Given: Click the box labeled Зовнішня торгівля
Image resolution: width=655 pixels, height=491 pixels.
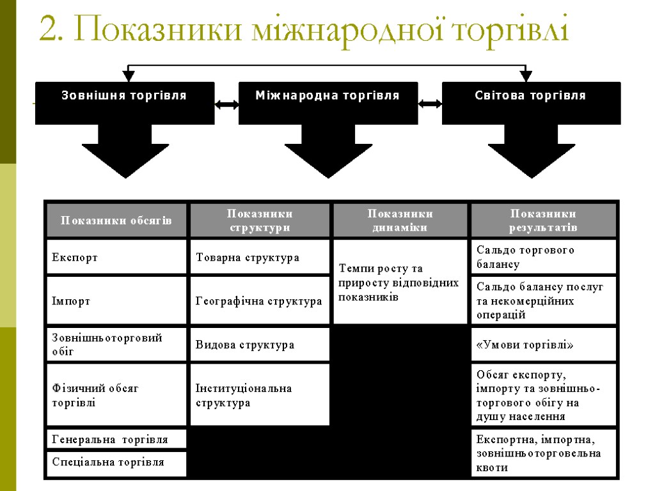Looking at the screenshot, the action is click(125, 102).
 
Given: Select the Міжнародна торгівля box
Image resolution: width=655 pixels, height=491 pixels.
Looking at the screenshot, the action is click(327, 102).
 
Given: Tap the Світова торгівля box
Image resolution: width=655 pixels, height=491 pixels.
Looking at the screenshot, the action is click(531, 102).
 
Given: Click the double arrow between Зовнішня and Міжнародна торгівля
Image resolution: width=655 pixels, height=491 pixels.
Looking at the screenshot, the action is click(226, 104).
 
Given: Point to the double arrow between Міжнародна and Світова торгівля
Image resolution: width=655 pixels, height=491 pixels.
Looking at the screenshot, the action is click(430, 104).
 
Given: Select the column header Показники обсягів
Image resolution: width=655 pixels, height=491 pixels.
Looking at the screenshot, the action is click(116, 221).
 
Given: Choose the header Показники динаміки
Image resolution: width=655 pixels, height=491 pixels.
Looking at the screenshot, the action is click(400, 221).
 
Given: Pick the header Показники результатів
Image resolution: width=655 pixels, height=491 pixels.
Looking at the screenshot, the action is click(544, 221).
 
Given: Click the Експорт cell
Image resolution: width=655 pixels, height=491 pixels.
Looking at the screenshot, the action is click(116, 257).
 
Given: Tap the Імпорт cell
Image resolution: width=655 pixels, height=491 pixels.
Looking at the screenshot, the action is click(116, 300).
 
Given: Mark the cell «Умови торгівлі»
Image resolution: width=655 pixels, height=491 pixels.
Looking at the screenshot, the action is click(544, 345).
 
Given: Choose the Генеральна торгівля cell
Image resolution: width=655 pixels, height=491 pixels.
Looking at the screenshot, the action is click(116, 439).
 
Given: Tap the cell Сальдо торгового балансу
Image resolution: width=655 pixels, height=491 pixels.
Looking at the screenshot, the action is click(544, 257).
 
